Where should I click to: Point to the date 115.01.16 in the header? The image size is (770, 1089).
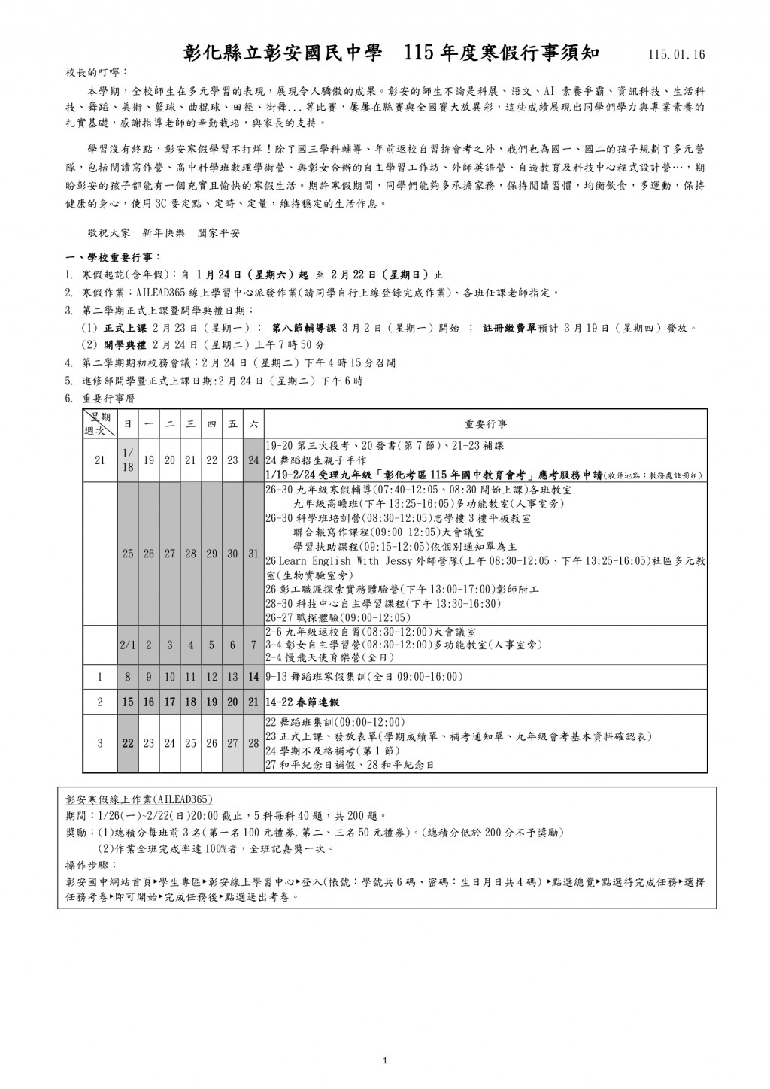click(x=675, y=55)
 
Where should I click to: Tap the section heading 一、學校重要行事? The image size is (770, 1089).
click(x=111, y=258)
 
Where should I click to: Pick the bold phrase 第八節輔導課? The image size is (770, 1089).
click(x=303, y=328)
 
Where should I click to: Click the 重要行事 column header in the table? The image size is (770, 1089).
click(x=486, y=424)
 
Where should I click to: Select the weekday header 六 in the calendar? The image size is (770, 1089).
click(x=253, y=424)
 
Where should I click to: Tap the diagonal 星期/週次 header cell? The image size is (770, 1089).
click(x=100, y=423)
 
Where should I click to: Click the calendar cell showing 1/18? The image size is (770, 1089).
click(x=128, y=460)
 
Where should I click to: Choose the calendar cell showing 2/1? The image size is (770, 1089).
click(x=128, y=645)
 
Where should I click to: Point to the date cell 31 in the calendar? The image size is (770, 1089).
click(x=253, y=554)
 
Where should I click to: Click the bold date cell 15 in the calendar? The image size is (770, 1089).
click(x=128, y=702)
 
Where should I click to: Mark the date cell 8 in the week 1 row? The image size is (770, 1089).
click(x=128, y=677)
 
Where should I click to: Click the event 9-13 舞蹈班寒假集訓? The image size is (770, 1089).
click(x=364, y=677)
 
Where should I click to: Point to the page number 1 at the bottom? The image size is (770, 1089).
click(x=384, y=1061)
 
